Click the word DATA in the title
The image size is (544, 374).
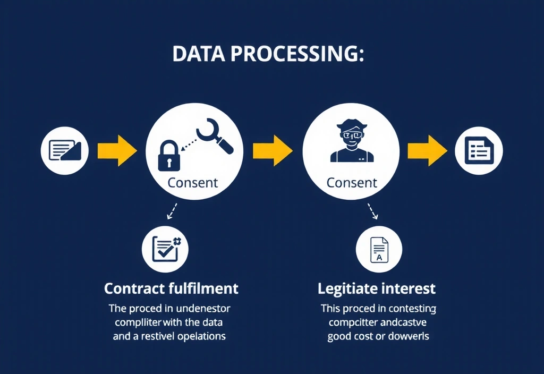coord(196,55)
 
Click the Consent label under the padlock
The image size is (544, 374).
coord(192,183)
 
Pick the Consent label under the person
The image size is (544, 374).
coord(352,183)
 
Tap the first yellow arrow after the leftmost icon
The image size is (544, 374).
coord(116,150)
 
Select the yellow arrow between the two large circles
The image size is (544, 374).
coord(272,150)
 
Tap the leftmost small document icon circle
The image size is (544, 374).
coord(65,150)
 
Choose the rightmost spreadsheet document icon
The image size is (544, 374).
coord(479,150)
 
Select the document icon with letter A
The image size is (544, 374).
coord(379,249)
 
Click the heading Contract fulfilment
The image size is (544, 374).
coord(171,288)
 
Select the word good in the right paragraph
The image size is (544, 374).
coord(339,336)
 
